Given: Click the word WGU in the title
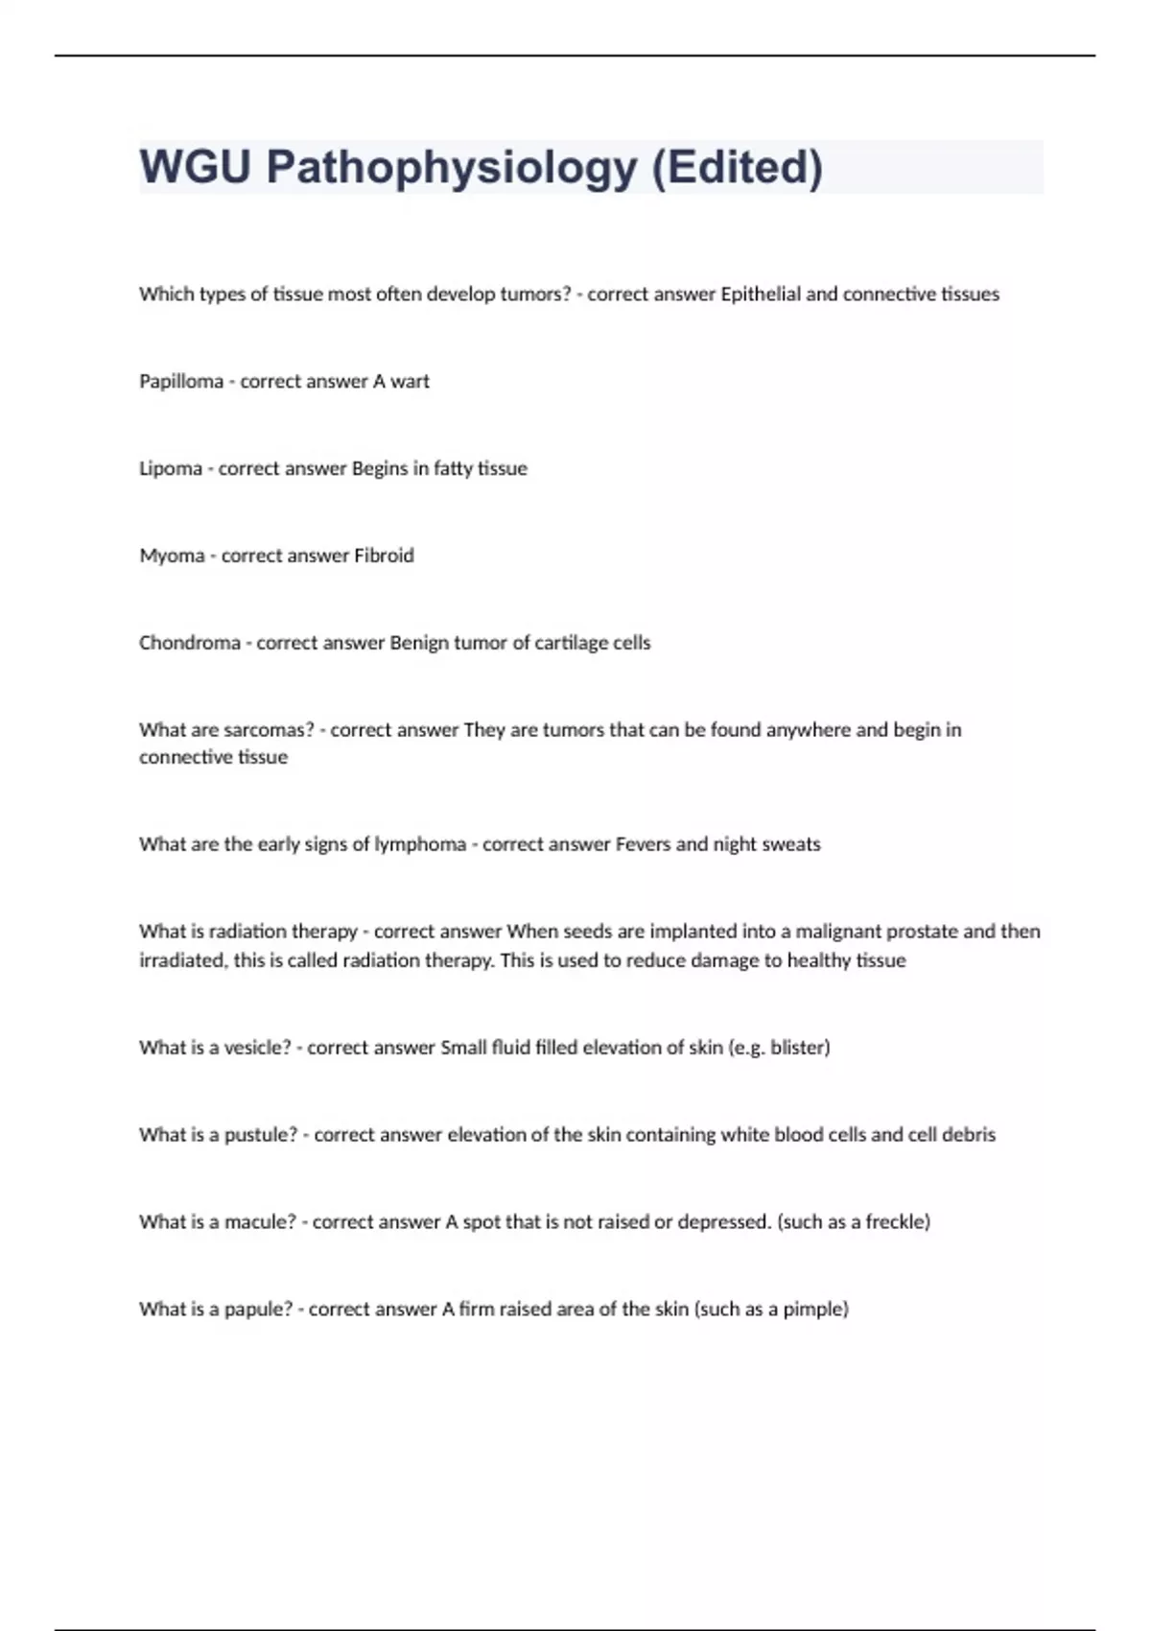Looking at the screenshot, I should tap(196, 167).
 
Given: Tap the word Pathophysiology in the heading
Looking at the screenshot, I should tap(452, 167).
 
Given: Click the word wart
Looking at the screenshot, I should tap(410, 382).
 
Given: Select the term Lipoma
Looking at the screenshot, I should tap(171, 469).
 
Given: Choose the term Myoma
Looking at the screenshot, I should tap(172, 555).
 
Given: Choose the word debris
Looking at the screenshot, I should tap(970, 1135).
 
